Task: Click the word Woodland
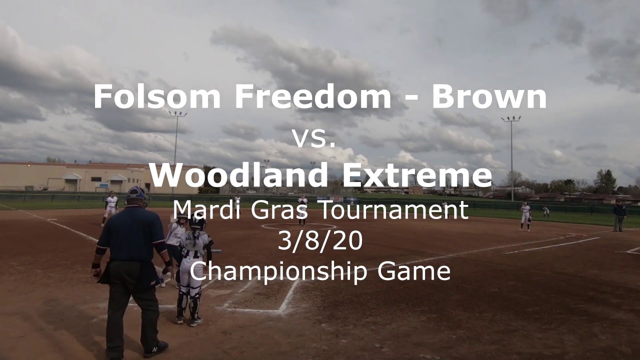pos(238,175)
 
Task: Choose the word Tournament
pos(394,210)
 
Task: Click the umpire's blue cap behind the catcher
pos(136,192)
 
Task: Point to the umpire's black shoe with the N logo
pos(156,348)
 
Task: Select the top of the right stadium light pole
pos(511,119)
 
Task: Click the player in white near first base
pos(525,216)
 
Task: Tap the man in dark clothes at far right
pos(619,215)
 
